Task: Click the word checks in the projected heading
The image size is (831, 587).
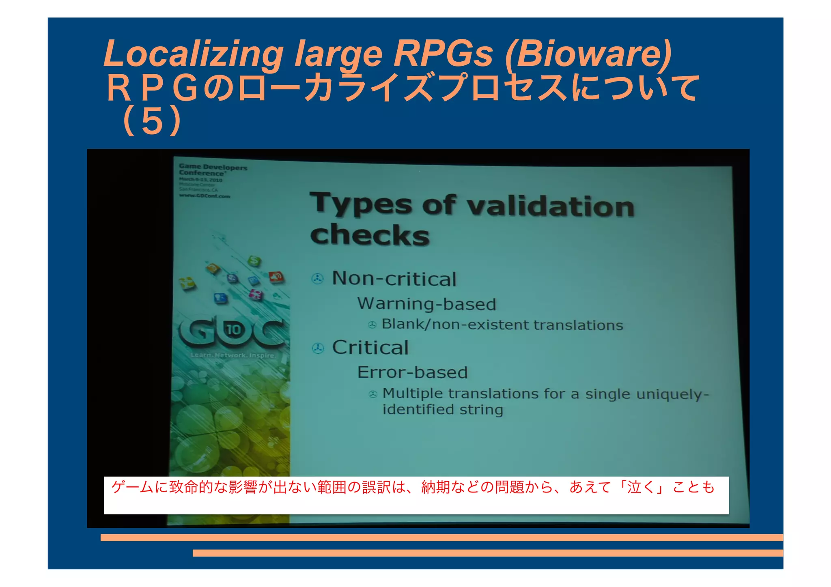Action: (x=370, y=235)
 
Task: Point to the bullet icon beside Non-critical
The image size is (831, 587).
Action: (x=317, y=279)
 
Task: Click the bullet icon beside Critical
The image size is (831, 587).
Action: (x=318, y=348)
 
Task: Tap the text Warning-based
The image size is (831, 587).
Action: (x=426, y=304)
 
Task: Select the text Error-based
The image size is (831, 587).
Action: (x=412, y=372)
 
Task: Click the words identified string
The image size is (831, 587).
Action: (x=443, y=409)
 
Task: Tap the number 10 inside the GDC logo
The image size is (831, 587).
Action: (x=234, y=329)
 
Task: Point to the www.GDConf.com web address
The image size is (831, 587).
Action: (x=205, y=196)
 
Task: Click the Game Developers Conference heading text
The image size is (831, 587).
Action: (x=213, y=170)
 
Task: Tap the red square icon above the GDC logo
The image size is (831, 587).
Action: (x=276, y=277)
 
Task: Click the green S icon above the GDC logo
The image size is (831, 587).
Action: (x=254, y=261)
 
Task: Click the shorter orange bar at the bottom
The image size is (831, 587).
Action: (x=487, y=553)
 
